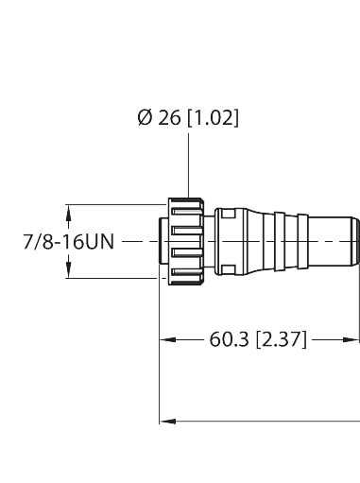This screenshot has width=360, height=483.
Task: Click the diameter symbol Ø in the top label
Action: [145, 118]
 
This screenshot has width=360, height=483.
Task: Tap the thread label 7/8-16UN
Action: [69, 242]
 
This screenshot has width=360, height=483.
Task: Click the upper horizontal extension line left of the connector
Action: [113, 204]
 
